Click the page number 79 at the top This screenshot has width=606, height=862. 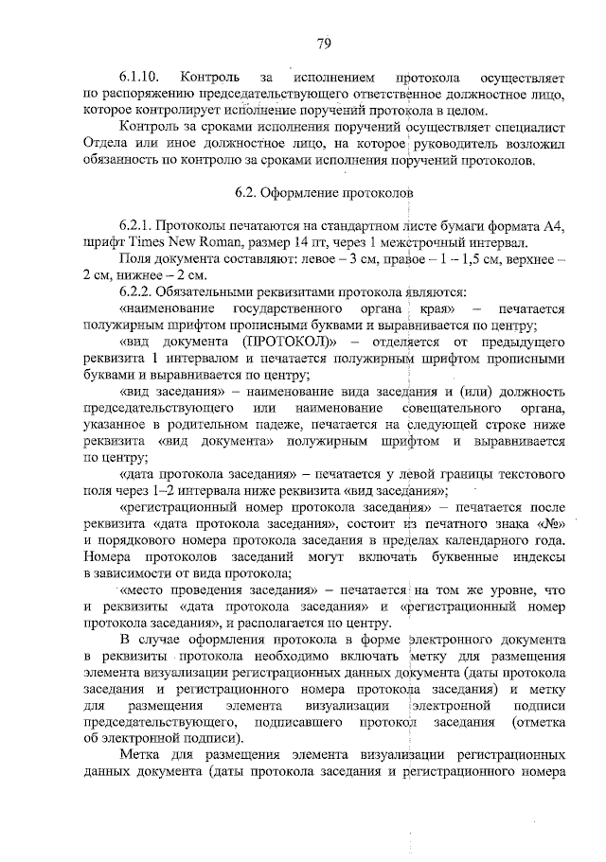click(x=323, y=42)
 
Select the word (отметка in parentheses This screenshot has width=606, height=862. click(x=537, y=722)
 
